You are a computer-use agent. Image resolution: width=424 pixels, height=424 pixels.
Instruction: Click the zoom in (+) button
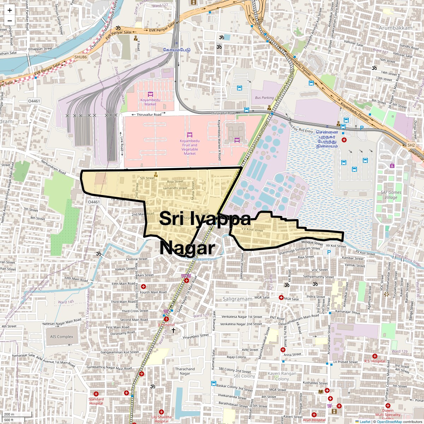10,11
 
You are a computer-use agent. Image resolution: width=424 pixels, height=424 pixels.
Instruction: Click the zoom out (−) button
10,20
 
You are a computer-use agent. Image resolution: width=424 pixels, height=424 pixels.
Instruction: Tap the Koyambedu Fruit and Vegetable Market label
190,147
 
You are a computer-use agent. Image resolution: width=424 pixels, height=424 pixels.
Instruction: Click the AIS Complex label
61,337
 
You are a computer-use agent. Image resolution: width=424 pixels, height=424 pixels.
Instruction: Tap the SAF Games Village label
391,195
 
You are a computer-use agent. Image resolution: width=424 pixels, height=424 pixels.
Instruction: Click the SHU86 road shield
81,57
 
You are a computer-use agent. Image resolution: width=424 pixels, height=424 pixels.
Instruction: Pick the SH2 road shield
411,145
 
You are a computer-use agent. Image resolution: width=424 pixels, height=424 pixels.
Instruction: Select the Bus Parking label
264,98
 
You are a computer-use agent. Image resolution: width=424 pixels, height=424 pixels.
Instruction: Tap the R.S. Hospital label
375,361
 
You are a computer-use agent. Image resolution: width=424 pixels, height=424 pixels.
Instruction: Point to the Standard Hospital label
96,401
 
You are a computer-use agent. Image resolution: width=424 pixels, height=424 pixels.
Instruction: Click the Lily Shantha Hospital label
161,419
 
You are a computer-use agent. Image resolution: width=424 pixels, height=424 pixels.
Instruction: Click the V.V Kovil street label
252,230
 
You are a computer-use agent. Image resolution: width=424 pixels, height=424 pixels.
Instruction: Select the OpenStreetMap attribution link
389,422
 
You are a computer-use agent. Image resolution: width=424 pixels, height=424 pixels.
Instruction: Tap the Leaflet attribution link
365,422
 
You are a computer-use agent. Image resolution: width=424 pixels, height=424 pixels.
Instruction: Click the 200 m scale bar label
10,414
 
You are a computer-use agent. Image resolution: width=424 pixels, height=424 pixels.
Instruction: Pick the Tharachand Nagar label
185,371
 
